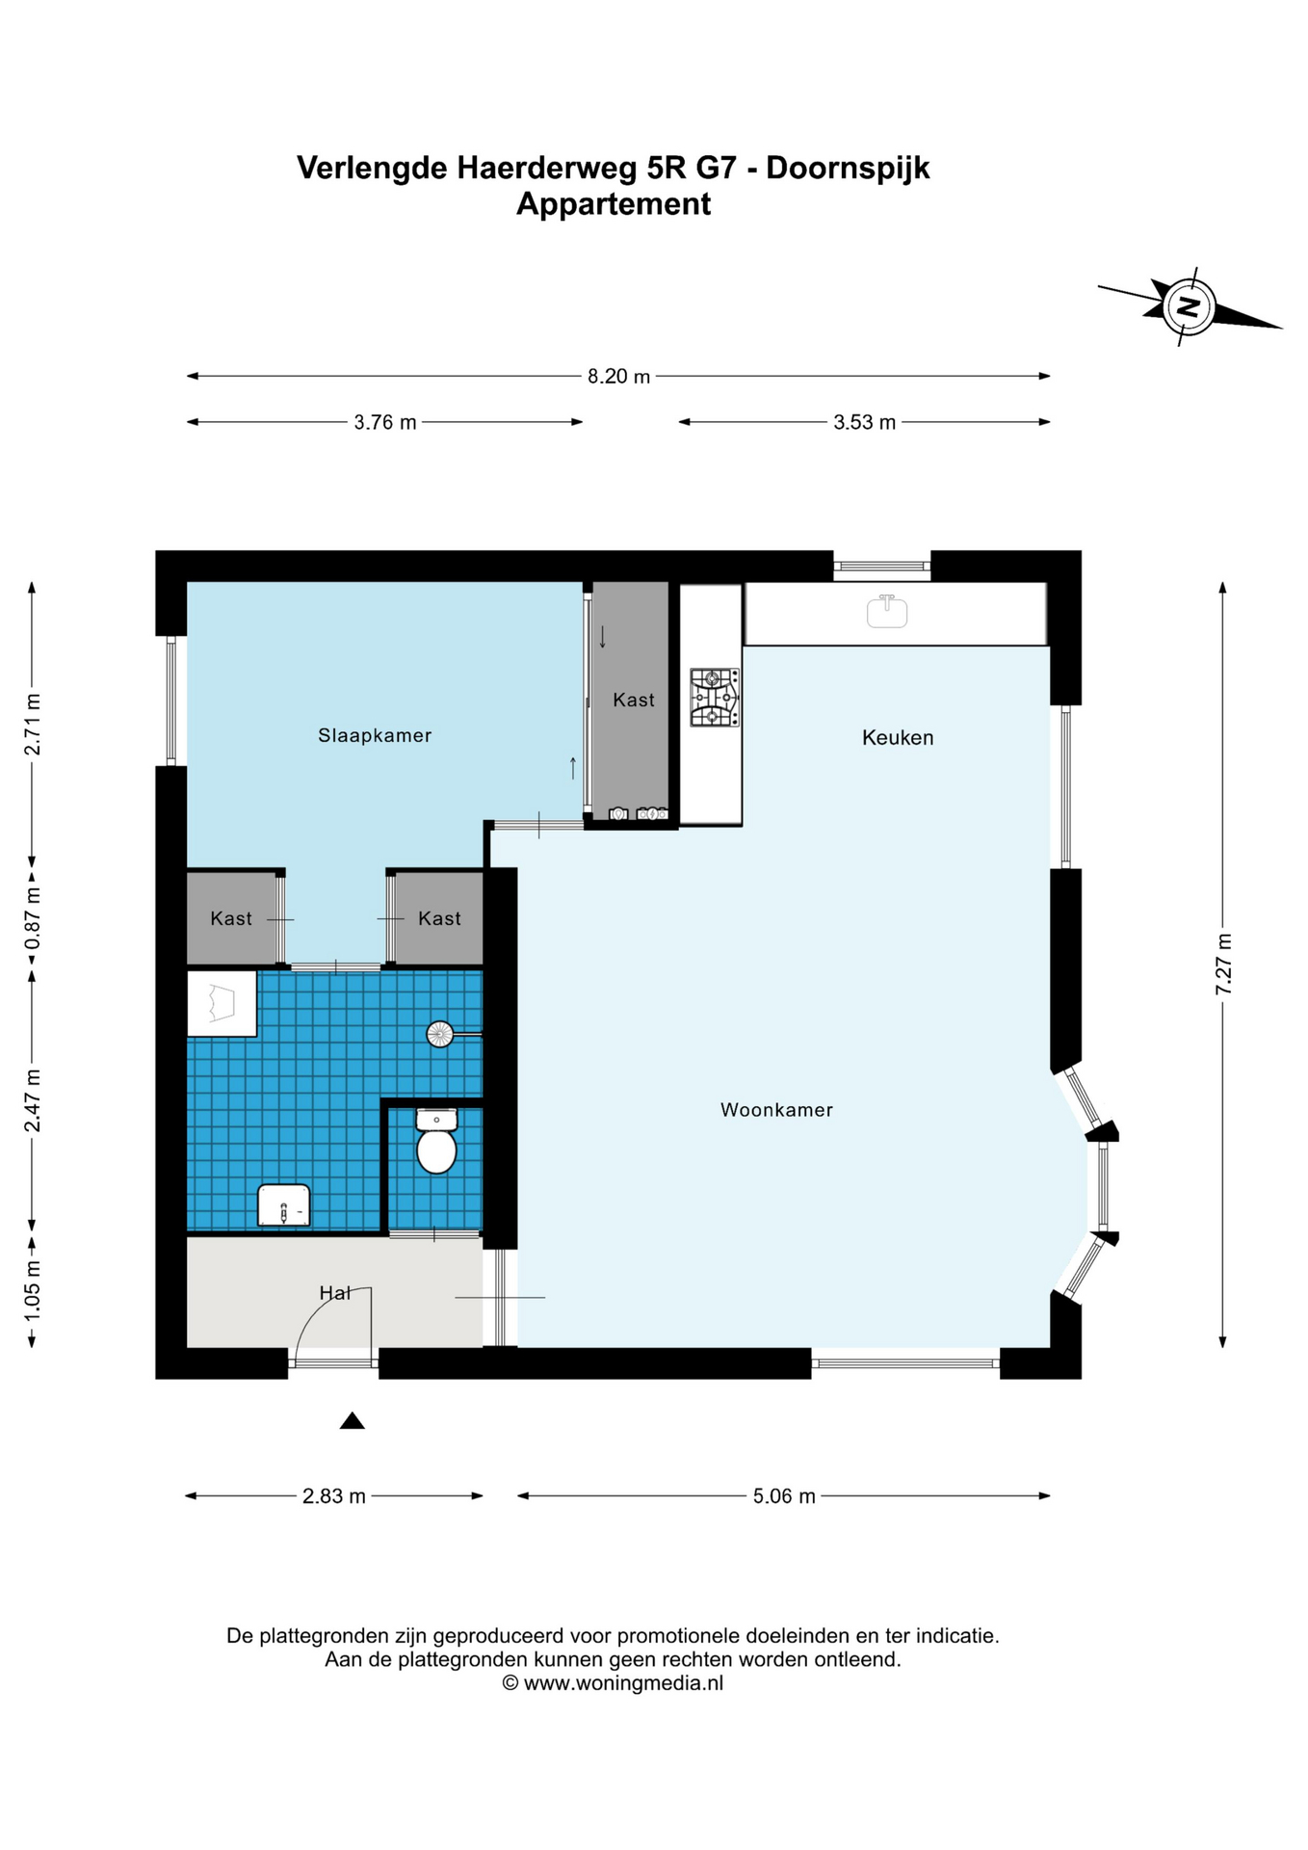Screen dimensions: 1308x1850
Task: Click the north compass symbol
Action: pos(1190,307)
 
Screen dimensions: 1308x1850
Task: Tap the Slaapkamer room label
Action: pos(375,735)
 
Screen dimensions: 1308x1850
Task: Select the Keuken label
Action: pos(898,738)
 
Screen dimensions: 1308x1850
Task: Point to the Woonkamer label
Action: pos(776,1110)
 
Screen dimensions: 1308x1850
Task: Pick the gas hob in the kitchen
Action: pos(715,697)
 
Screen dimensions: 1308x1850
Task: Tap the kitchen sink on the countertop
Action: pos(887,611)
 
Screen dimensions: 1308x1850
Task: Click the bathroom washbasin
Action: pos(284,1205)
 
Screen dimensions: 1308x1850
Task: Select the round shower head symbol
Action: pos(440,1035)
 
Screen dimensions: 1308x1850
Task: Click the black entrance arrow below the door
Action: pos(353,1420)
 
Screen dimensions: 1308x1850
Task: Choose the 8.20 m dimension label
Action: pos(619,377)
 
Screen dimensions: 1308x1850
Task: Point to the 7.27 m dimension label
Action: pos(1223,965)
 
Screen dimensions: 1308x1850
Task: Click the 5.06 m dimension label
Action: pos(784,1496)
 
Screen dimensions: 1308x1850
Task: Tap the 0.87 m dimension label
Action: pos(33,918)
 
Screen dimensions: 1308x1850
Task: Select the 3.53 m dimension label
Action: pos(865,422)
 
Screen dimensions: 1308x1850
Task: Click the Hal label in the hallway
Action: pos(335,1293)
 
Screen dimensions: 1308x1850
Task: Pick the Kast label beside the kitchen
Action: pos(634,700)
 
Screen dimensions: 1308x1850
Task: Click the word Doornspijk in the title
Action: pos(849,168)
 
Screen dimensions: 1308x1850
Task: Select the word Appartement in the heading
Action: pos(614,204)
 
